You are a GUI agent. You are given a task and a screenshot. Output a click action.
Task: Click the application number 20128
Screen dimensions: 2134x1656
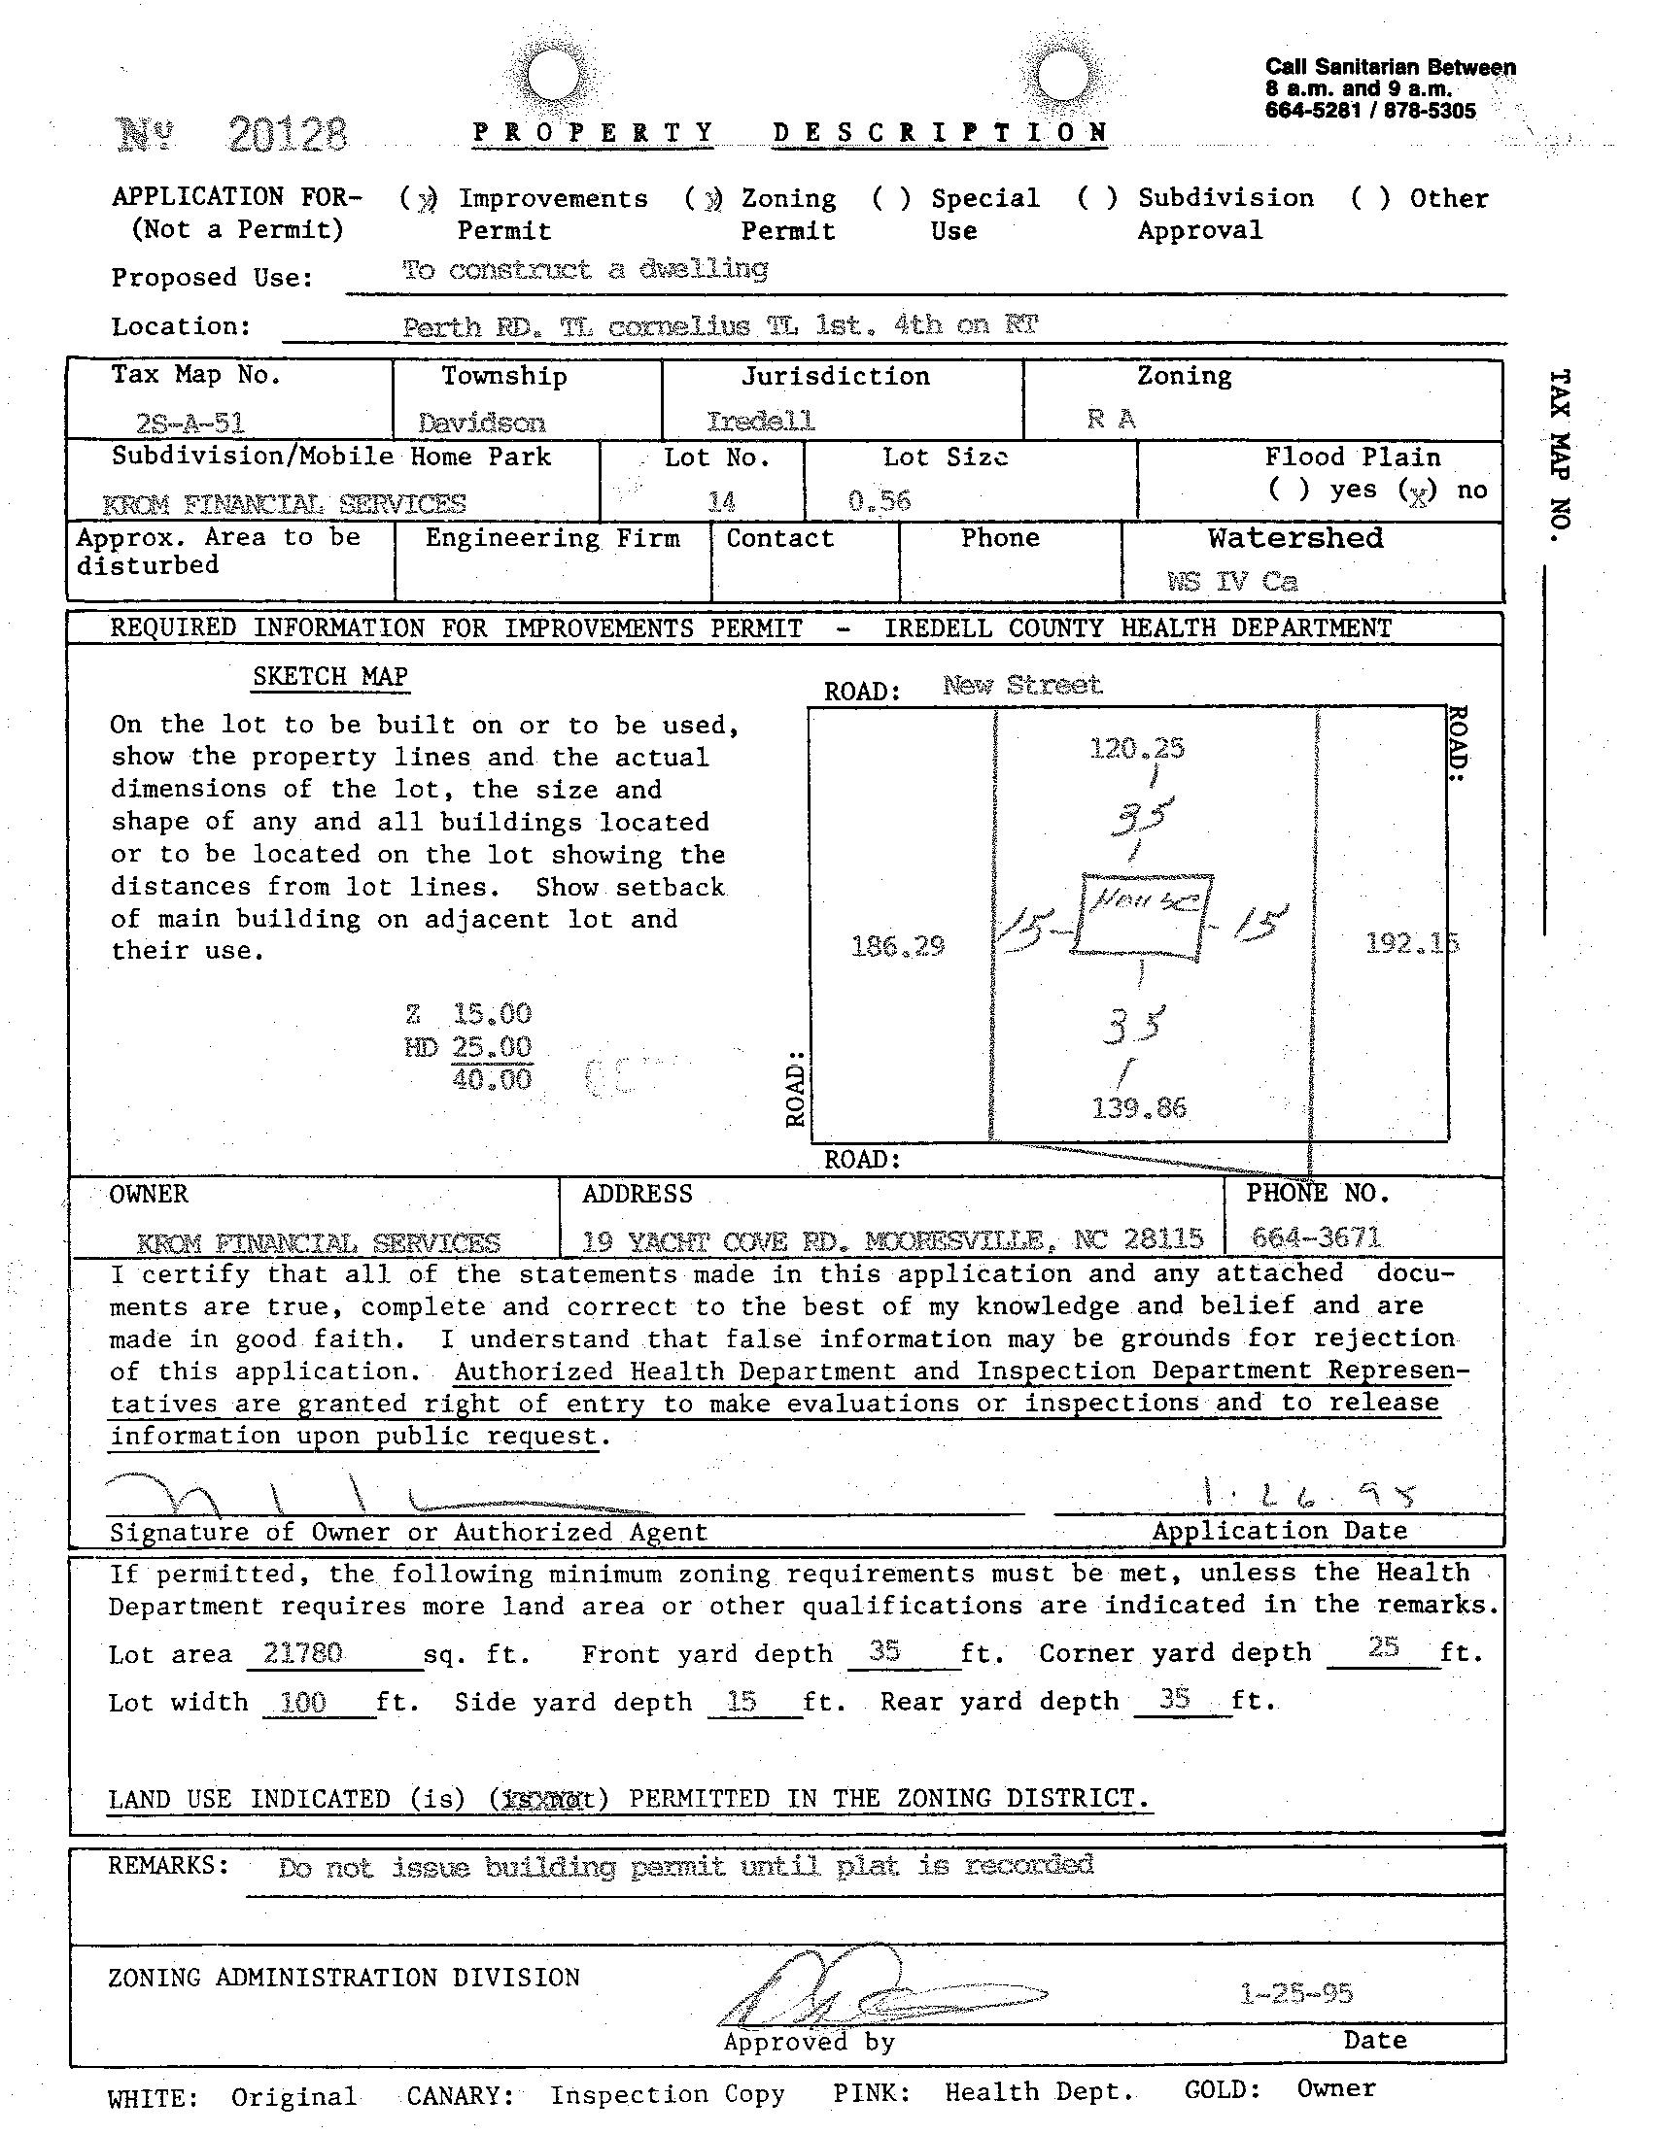[x=288, y=134]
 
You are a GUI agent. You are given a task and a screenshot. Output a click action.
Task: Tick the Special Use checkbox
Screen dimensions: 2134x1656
[x=890, y=199]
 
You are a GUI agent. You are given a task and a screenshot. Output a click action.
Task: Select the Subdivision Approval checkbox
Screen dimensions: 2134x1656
[x=1097, y=198]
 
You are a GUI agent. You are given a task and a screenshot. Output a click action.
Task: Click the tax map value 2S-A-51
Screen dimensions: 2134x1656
[x=190, y=423]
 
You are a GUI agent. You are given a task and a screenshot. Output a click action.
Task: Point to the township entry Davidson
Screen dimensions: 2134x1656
[x=481, y=423]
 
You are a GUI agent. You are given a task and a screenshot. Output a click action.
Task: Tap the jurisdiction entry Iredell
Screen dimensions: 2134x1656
[x=761, y=422]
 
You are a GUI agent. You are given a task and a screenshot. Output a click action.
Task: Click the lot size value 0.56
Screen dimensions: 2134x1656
[x=880, y=501]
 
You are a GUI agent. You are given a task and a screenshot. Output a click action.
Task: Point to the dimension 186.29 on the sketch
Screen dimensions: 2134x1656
[x=897, y=945]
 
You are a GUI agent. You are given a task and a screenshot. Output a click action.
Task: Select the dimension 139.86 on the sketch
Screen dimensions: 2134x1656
[x=1139, y=1108]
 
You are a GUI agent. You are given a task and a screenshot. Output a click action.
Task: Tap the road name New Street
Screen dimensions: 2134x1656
[x=1021, y=685]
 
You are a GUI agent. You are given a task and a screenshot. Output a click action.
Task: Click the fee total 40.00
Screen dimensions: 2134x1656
[x=492, y=1080]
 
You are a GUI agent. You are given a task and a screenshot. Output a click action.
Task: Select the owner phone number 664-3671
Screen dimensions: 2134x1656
[x=1316, y=1238]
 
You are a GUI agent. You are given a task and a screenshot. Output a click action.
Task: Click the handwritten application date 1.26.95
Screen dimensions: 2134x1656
[x=1308, y=1494]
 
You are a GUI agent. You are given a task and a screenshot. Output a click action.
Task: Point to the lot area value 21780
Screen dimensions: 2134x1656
[x=303, y=1652]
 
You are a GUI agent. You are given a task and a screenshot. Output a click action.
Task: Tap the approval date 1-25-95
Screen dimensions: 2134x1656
[x=1296, y=1992]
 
